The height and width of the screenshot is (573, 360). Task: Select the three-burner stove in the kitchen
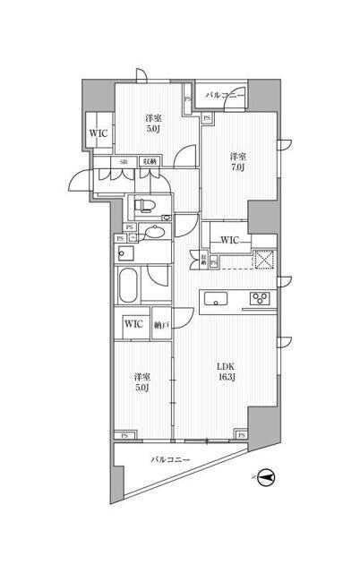click(261, 299)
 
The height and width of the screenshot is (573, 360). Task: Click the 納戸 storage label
click(160, 324)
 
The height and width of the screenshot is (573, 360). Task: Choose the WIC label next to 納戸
click(133, 324)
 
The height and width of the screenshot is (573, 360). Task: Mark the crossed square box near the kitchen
click(263, 261)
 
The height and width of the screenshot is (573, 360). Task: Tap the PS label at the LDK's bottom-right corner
click(240, 435)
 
